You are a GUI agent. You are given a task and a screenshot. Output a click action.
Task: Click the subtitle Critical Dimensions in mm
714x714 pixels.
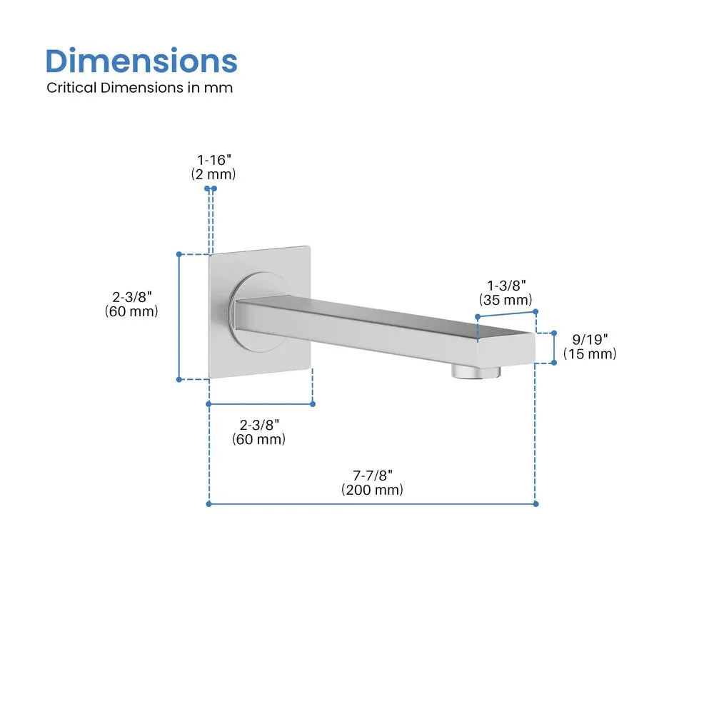(x=140, y=88)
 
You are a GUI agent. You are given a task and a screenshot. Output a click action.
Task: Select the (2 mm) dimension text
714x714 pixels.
(x=213, y=174)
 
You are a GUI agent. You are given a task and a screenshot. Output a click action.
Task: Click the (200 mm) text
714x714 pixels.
(x=372, y=490)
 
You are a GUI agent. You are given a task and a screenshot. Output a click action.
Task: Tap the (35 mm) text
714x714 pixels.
(x=506, y=300)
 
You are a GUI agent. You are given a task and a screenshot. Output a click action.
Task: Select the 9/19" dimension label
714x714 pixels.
(x=589, y=339)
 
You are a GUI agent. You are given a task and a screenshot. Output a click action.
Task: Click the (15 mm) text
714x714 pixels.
(x=589, y=353)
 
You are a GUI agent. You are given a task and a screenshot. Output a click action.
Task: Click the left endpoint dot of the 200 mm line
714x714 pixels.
(x=208, y=503)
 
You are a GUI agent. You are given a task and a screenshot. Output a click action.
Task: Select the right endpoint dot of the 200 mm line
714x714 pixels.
(x=535, y=503)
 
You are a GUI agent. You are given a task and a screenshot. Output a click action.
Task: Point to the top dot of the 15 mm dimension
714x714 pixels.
(x=553, y=333)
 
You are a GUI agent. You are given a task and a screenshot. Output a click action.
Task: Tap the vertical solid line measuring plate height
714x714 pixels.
(x=179, y=316)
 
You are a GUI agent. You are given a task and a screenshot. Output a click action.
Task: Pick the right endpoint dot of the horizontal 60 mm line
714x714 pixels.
(x=313, y=404)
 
